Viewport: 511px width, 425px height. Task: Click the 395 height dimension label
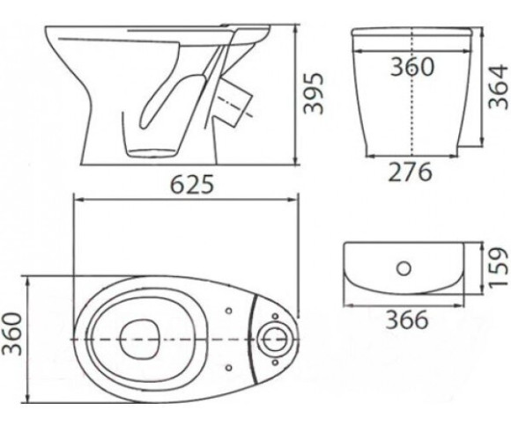313,93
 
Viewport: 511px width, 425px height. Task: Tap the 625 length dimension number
193,184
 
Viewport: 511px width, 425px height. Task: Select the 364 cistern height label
499,86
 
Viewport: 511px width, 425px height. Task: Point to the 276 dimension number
411,172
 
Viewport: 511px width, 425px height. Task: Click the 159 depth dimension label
499,267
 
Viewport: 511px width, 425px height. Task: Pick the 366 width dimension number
406,319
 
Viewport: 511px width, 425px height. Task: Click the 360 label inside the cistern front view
412,66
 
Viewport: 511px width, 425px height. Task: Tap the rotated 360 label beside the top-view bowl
12,333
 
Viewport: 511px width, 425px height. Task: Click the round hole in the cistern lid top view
404,268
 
